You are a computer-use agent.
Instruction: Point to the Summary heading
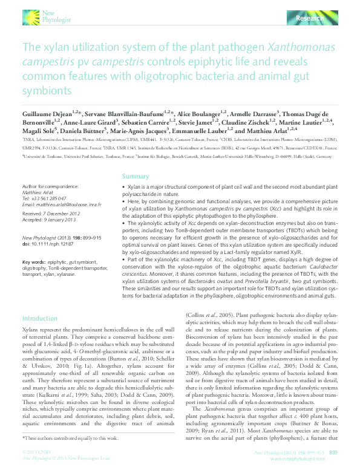tap(135, 176)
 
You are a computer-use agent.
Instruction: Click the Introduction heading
tap(39, 318)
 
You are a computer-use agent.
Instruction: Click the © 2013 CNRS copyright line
tap(36, 452)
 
